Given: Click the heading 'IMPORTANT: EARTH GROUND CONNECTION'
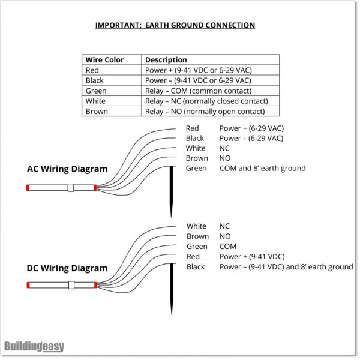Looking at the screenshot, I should [175, 25].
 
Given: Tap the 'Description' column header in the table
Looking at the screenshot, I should [166, 60].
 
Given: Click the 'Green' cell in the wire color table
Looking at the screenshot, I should [95, 91].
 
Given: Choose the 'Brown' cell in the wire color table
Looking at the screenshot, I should [97, 111].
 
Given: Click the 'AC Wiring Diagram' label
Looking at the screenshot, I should [67, 169].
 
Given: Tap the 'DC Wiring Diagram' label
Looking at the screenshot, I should [67, 268].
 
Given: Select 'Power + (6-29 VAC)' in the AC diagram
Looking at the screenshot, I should [251, 128].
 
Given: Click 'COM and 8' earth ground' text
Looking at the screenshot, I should [262, 168].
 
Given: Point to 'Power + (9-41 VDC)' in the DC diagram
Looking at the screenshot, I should [251, 257].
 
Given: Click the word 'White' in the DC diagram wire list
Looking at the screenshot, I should [196, 226].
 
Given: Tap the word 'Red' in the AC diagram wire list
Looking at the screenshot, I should [192, 128].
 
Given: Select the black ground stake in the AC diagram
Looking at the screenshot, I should [172, 189].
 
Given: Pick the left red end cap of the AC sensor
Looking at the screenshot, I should [28, 188].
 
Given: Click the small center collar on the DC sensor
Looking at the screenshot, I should [70, 286].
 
